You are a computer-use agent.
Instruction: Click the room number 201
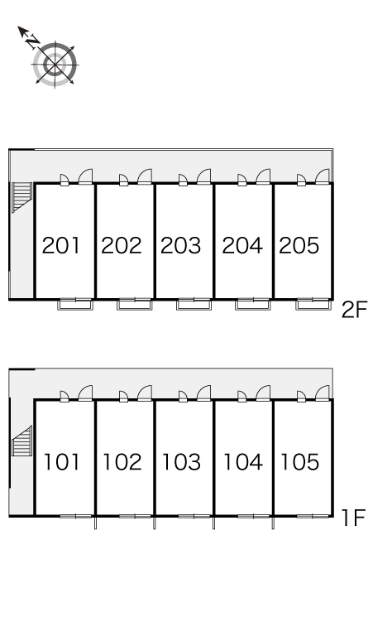tap(61, 245)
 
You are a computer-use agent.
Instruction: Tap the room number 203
tap(181, 245)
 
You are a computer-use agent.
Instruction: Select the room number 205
tap(299, 245)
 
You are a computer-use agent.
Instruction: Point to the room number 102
tap(122, 462)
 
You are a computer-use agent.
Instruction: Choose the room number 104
tap(243, 462)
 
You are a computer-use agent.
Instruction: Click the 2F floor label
tap(355, 310)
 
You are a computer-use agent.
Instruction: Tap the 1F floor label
tap(352, 518)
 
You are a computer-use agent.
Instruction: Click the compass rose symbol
tap(55, 65)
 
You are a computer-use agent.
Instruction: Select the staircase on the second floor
tap(22, 197)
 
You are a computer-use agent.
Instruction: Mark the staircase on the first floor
tap(22, 441)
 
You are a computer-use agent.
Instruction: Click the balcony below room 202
tap(135, 305)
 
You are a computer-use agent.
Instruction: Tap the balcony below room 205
tap(313, 305)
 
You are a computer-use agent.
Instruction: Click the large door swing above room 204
tap(263, 176)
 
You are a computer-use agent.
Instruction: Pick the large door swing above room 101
tap(85, 393)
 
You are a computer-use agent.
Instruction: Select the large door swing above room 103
tap(203, 393)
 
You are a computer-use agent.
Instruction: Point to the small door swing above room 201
tap(65, 180)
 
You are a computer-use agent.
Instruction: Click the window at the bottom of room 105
tap(313, 516)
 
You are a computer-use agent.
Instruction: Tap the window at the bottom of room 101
tap(76, 516)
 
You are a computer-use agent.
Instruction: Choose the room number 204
tap(242, 245)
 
